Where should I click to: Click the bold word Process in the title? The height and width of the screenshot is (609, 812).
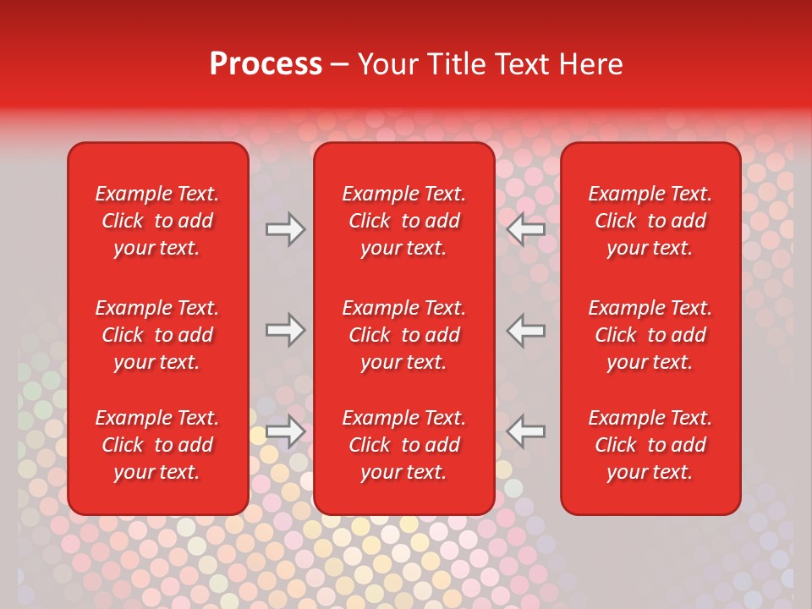click(266, 64)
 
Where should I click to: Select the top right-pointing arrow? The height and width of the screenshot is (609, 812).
click(286, 229)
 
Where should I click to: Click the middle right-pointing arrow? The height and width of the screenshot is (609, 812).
click(286, 330)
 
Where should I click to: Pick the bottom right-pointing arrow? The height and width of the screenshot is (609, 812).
click(286, 431)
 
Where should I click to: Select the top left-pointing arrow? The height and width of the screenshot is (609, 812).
click(526, 229)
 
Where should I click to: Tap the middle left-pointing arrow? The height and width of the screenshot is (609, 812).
click(526, 330)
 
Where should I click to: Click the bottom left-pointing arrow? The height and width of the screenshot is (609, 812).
click(526, 431)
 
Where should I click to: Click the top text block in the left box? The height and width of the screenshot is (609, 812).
click(157, 221)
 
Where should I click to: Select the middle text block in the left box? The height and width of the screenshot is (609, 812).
click(157, 335)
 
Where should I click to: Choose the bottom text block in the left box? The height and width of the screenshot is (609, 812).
click(157, 445)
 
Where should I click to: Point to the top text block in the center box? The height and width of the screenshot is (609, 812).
click(403, 221)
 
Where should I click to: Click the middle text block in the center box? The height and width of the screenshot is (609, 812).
click(403, 335)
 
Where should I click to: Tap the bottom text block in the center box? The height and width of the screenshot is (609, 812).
click(403, 445)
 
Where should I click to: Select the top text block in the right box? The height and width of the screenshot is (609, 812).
click(650, 221)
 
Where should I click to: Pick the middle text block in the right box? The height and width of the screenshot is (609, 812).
click(650, 335)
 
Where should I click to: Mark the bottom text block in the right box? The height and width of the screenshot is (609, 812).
click(650, 445)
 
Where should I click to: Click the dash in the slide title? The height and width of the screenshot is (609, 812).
click(339, 65)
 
